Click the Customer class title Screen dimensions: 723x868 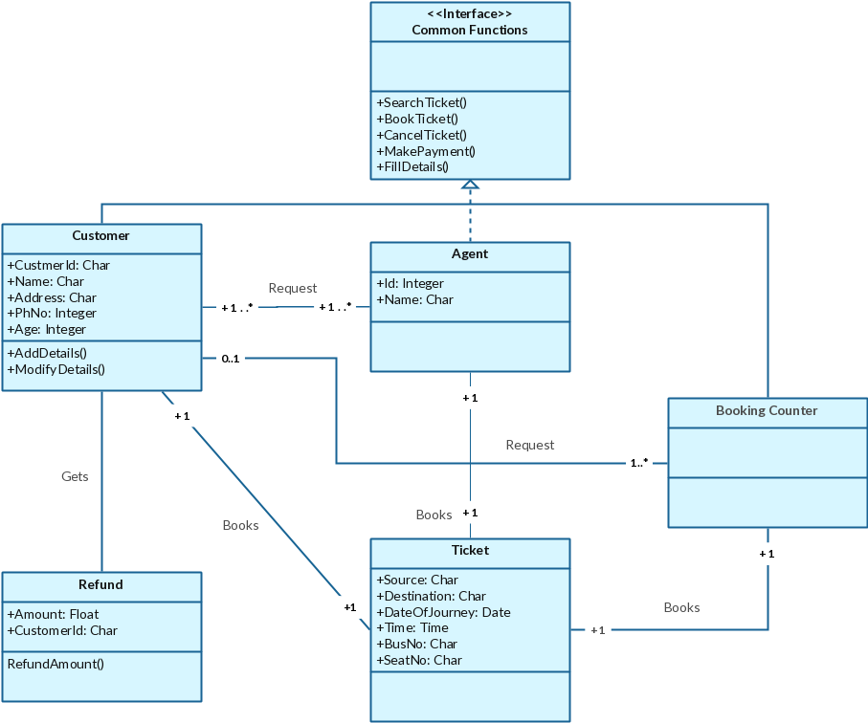coord(100,235)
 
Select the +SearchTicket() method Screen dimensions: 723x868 coord(421,102)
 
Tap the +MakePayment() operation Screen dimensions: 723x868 coord(426,151)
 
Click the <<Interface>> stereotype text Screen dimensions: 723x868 coord(469,14)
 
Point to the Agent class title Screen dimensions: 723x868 coord(469,253)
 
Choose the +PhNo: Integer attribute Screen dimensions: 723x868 coord(52,313)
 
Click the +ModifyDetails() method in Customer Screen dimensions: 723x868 coord(56,368)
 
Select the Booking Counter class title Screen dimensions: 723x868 coord(767,410)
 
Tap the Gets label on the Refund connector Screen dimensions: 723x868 coord(75,475)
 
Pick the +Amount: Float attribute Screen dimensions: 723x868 coord(53,614)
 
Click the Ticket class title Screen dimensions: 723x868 coord(470,550)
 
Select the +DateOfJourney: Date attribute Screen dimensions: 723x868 coord(443,612)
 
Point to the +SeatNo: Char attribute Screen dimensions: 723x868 coord(419,660)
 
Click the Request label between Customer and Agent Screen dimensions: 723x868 coord(292,288)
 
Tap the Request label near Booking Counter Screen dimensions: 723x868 coord(529,445)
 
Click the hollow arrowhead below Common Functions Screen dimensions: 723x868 coord(470,186)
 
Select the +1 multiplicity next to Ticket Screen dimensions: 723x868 coord(597,629)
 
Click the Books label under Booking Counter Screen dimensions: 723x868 coord(681,607)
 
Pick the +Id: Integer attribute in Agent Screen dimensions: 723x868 coord(410,283)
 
